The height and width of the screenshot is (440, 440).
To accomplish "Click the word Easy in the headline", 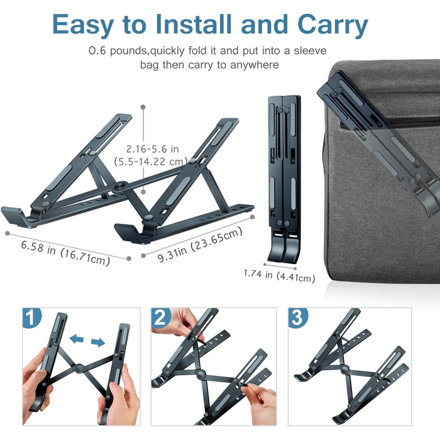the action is click(83, 25).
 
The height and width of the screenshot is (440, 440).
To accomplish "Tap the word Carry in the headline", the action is click(333, 25).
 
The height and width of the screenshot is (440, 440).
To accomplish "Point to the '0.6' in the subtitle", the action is click(97, 51).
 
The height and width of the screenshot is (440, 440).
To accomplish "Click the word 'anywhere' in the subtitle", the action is click(254, 65).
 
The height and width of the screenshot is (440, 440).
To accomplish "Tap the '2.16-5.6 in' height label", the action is click(152, 149).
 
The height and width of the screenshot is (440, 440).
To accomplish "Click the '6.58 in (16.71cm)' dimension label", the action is click(65, 253).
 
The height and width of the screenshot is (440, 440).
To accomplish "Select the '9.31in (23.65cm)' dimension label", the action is click(200, 244).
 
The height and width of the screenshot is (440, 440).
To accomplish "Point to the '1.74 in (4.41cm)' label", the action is click(279, 275).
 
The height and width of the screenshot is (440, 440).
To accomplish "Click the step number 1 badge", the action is click(31, 317).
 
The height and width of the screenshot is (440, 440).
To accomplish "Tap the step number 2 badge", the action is click(161, 317).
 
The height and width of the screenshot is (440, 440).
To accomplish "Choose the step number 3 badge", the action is click(297, 317).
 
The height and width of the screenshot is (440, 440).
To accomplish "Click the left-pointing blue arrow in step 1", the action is click(77, 338).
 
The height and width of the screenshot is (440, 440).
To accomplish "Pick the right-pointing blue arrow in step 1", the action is click(98, 342).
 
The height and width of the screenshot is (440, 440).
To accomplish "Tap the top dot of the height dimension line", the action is click(143, 107).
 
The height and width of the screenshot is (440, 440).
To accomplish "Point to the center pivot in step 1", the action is click(79, 368).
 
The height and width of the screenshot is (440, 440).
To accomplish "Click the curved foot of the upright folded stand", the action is click(284, 248).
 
